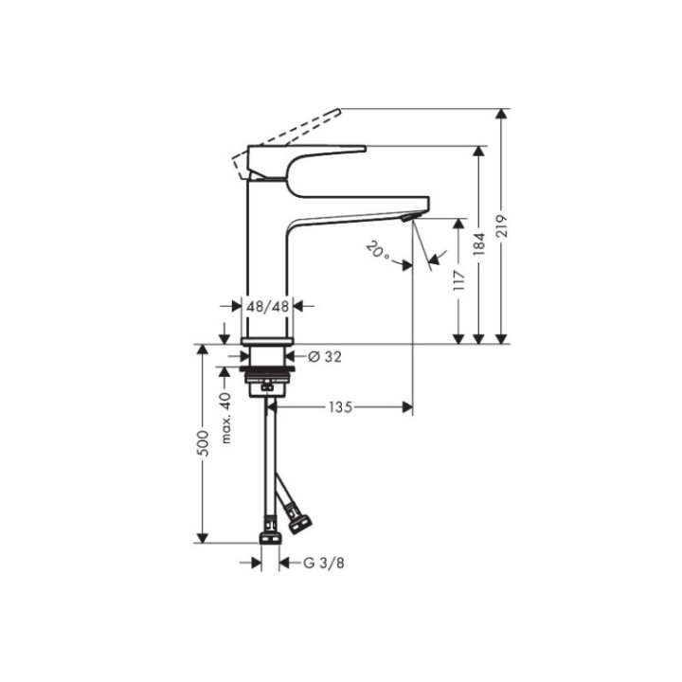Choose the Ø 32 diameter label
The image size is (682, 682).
coord(325,356)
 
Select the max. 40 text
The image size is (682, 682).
coord(225,418)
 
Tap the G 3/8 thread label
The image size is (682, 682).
coord(322,563)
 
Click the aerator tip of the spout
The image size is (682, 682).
coord(408,218)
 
